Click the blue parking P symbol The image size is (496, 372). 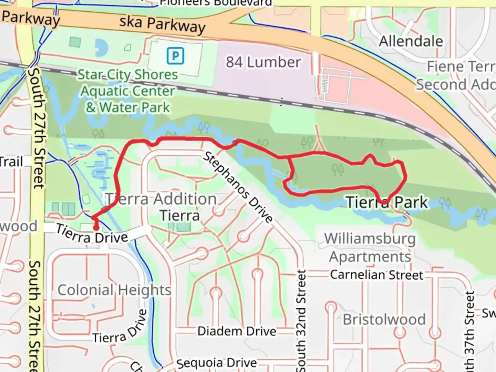(175, 56)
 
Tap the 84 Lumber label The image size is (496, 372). (263, 62)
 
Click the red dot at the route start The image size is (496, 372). (96, 227)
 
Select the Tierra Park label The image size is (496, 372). (387, 202)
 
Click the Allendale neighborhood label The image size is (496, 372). (411, 41)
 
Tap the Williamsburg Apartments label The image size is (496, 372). (370, 247)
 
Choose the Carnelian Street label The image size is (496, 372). (376, 275)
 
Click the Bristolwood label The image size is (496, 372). (384, 319)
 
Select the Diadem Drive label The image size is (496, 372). (237, 331)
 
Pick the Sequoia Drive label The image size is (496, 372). (217, 363)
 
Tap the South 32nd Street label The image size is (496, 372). (301, 320)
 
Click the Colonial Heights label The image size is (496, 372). (114, 290)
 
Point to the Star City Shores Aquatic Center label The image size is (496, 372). (128, 91)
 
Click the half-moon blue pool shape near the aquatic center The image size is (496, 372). (101, 47)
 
